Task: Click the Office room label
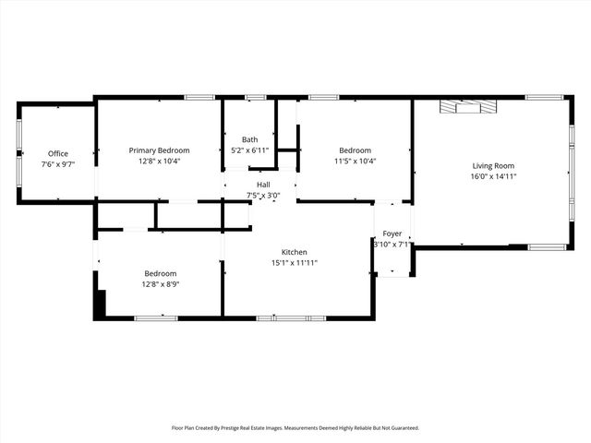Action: pyautogui.click(x=58, y=153)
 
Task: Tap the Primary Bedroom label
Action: pyautogui.click(x=159, y=150)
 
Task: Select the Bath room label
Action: pyautogui.click(x=249, y=139)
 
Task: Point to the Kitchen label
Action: pyautogui.click(x=295, y=252)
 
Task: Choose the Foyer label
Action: pyautogui.click(x=392, y=234)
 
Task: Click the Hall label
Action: pyautogui.click(x=263, y=185)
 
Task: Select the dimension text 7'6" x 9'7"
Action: pyautogui.click(x=58, y=163)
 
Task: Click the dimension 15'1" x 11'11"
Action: pyautogui.click(x=295, y=263)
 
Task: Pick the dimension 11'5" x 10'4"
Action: pyautogui.click(x=356, y=161)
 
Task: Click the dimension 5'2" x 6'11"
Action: pyautogui.click(x=249, y=150)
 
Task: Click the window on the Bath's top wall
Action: pyautogui.click(x=256, y=97)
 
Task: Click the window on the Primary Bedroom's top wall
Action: pyautogui.click(x=199, y=97)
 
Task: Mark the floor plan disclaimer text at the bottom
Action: pyautogui.click(x=295, y=427)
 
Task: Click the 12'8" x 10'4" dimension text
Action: pyautogui.click(x=159, y=161)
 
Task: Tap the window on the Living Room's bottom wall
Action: pyautogui.click(x=547, y=246)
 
